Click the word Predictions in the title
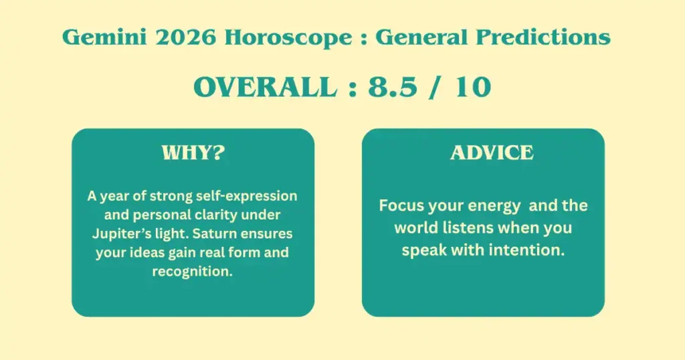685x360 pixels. point(543,37)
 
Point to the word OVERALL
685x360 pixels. point(266,87)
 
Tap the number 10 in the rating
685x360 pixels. point(473,87)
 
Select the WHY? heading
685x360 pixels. point(193,153)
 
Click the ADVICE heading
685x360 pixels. point(492,153)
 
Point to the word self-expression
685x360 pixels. point(246,196)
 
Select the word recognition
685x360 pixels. point(192,272)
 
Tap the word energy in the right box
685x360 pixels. point(496,206)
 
